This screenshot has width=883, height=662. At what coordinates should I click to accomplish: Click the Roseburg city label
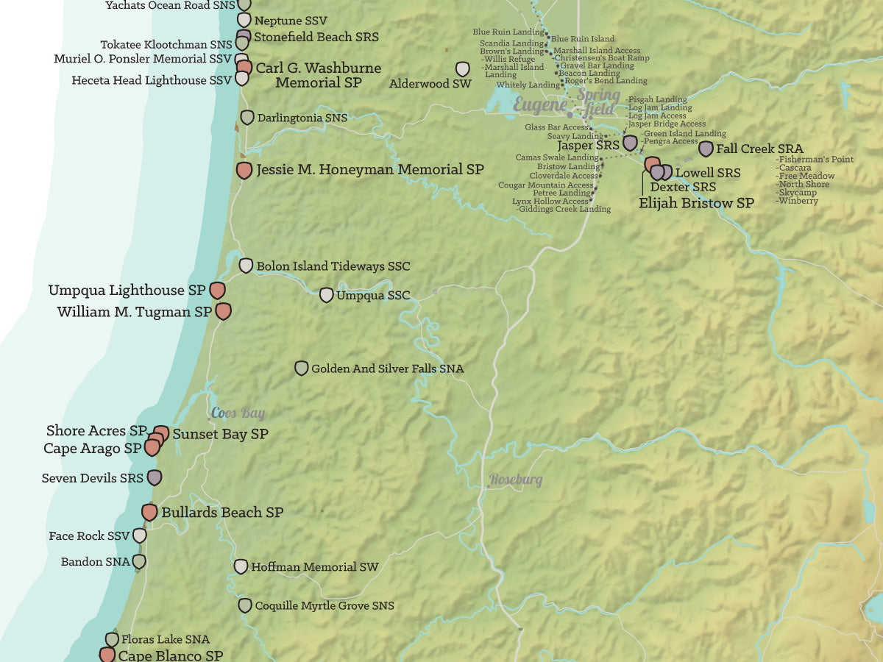[x=516, y=480]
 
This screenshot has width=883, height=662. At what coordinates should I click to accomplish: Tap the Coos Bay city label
[x=238, y=413]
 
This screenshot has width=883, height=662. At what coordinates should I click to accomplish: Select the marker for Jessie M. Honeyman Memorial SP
[x=244, y=171]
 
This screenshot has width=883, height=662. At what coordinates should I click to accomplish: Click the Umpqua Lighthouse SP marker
[x=217, y=291]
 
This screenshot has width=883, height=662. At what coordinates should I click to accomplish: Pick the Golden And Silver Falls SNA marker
[x=301, y=369]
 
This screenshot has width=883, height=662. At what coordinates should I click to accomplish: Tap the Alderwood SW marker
[x=463, y=69]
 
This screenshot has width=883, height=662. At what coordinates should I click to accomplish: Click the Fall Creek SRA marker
[x=706, y=149]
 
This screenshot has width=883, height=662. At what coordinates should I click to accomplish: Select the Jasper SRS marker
[x=630, y=143]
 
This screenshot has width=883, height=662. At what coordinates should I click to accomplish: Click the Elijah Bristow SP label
[x=696, y=203]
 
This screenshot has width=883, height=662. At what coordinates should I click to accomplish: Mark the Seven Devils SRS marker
[x=155, y=477]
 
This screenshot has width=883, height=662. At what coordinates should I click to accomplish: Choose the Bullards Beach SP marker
[x=149, y=512]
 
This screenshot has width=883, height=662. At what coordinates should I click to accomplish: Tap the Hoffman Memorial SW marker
[x=241, y=566]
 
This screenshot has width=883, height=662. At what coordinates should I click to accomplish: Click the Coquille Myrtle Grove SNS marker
[x=244, y=605]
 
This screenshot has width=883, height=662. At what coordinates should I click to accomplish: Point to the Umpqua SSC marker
[x=326, y=295]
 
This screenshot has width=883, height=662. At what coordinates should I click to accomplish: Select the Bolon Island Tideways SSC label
[x=333, y=266]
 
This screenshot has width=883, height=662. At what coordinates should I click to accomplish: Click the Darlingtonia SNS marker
[x=247, y=118]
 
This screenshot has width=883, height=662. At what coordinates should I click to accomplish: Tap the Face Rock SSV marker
[x=139, y=535]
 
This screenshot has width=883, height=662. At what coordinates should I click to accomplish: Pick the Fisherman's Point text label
[x=815, y=160]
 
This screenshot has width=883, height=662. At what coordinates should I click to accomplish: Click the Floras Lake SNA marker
[x=112, y=639]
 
